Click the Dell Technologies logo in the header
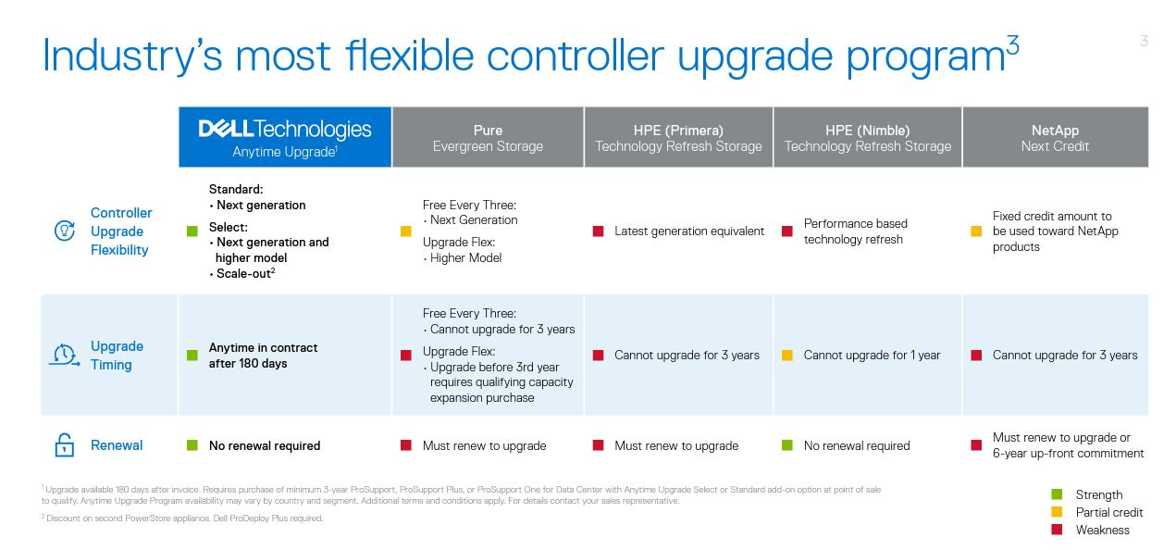[285, 130]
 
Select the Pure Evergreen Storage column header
[488, 138]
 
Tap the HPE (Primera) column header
[678, 138]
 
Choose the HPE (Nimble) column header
[868, 138]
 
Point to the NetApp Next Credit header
[1055, 138]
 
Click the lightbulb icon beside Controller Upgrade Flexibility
[65, 231]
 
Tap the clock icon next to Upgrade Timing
[65, 356]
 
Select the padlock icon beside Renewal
[65, 445]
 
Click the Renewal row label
[117, 445]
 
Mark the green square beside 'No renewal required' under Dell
[192, 445]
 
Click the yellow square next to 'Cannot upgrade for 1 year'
[787, 356]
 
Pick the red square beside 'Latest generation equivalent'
[598, 231]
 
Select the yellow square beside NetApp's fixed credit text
[976, 231]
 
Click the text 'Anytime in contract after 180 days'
[263, 356]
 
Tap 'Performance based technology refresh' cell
[855, 231]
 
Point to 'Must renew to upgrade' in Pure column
[484, 446]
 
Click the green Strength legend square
[1057, 494]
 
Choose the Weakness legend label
[1103, 530]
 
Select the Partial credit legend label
[1109, 512]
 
